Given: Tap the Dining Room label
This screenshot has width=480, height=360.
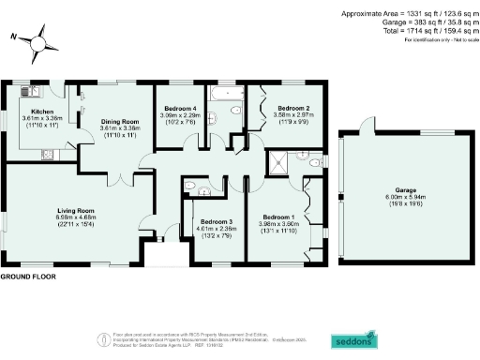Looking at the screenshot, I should click(x=119, y=123).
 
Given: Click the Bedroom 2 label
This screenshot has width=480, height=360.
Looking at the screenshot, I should click(x=291, y=108).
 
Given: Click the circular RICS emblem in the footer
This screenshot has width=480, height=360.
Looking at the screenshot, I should click(x=103, y=338).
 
